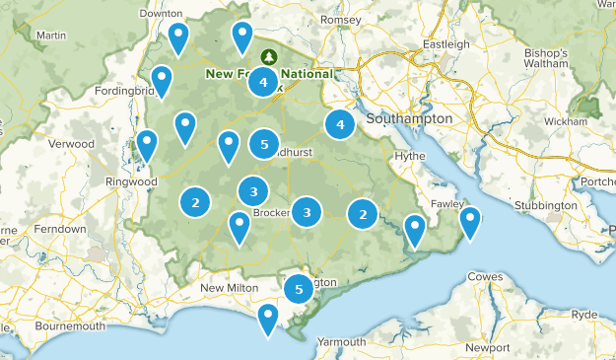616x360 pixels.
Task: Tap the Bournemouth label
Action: [x=69, y=326]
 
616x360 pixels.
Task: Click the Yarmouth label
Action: [x=342, y=342]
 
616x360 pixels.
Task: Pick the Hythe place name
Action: [x=409, y=156]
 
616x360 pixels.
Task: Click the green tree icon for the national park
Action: [x=268, y=56]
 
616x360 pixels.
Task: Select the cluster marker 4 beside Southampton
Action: [x=340, y=125]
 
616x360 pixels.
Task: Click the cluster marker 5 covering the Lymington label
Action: [x=299, y=289]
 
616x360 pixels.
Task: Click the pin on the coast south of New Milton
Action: [x=267, y=319]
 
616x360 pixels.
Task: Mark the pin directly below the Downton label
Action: [x=178, y=38]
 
